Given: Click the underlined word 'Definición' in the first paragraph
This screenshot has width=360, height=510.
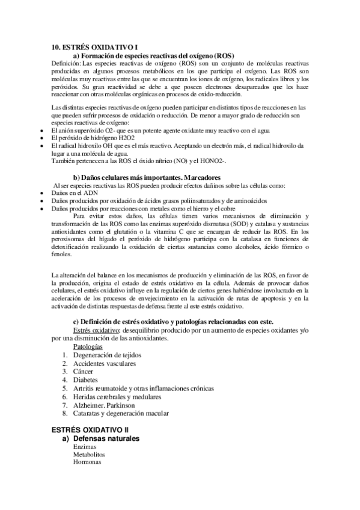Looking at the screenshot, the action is [66, 63].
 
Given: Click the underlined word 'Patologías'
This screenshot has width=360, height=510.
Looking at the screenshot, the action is [88, 347].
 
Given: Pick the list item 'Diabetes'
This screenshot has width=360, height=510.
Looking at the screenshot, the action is [86, 380].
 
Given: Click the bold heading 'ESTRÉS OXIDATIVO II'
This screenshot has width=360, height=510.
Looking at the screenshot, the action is [90, 431].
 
